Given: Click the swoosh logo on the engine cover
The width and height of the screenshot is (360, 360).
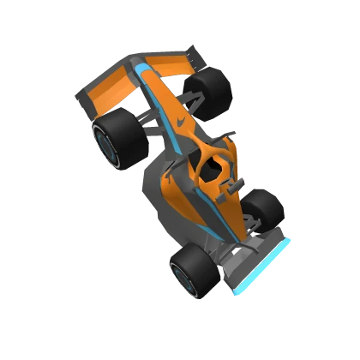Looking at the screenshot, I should (180, 124).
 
